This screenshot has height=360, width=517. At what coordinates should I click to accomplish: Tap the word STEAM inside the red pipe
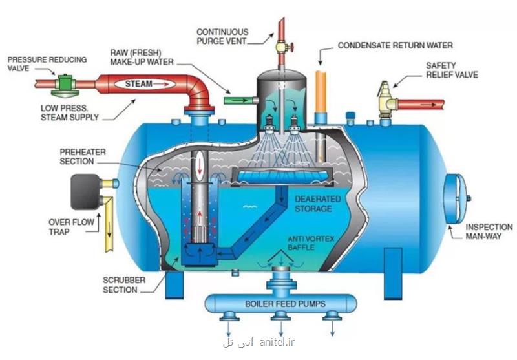pyautogui.click(x=139, y=83)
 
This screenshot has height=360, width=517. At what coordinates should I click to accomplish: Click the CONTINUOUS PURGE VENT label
pyautogui.click(x=222, y=36)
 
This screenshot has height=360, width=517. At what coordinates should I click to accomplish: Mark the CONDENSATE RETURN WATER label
pyautogui.click(x=396, y=46)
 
